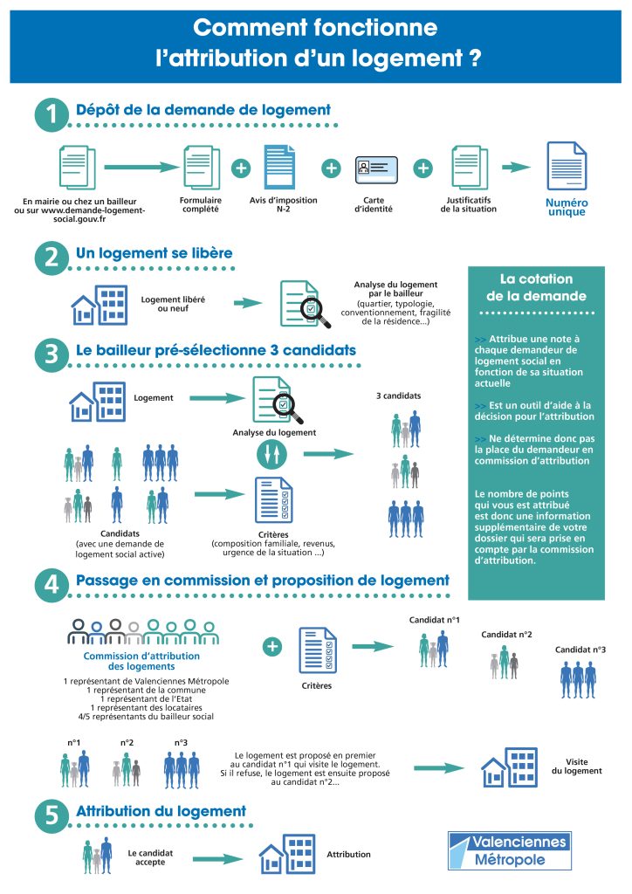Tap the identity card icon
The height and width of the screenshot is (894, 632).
pyautogui.click(x=376, y=168)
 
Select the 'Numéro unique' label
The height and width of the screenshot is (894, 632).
pyautogui.click(x=567, y=207)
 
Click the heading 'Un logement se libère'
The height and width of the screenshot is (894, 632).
pyautogui.click(x=155, y=253)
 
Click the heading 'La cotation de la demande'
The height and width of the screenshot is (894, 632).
pyautogui.click(x=536, y=287)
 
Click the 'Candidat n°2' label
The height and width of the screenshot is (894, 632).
pyautogui.click(x=507, y=635)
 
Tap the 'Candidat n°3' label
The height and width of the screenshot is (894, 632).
pyautogui.click(x=580, y=650)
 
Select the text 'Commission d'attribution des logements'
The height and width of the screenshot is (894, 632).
pyautogui.click(x=141, y=661)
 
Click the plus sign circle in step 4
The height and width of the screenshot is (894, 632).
pyautogui.click(x=272, y=646)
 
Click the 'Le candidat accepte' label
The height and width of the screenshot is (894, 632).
pyautogui.click(x=147, y=856)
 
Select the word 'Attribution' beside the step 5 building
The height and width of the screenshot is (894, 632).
pyautogui.click(x=348, y=855)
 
